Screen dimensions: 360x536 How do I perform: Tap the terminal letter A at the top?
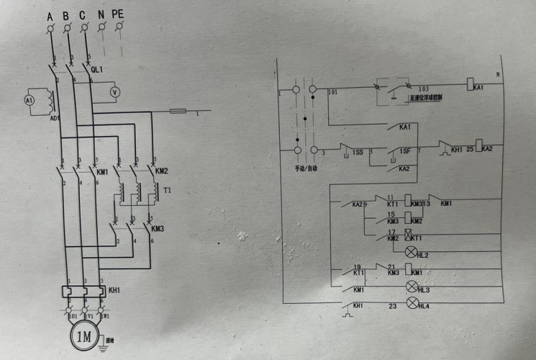point(50,15)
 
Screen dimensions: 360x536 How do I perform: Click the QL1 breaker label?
point(96,69)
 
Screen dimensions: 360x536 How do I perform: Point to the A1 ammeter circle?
point(29,101)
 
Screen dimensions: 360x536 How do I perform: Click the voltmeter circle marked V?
point(113,92)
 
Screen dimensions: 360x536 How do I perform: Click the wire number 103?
point(423,87)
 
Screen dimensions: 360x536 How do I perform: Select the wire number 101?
point(332,93)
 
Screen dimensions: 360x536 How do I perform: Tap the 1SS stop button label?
point(358,153)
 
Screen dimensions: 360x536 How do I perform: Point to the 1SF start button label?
point(404,152)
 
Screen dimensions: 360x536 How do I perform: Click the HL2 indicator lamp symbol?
point(412,251)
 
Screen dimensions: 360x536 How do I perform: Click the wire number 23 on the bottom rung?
point(393,307)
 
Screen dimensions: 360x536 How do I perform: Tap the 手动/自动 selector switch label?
point(306,168)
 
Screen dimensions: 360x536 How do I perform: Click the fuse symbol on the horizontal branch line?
point(178,112)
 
